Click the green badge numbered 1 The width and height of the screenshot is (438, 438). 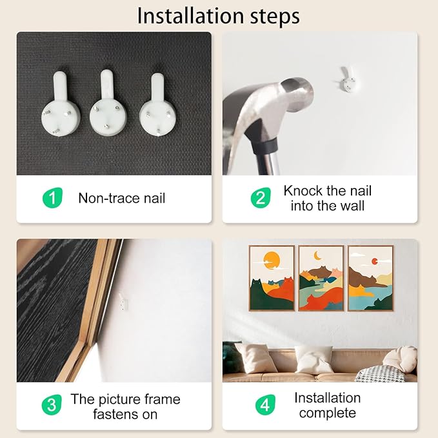click(52, 198)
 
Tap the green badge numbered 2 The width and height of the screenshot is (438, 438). click(261, 198)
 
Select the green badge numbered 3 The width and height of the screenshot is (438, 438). click(52, 404)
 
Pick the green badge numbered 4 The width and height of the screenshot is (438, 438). click(265, 404)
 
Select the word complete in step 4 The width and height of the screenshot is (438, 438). click(328, 413)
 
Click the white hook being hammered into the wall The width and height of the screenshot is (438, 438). click(347, 80)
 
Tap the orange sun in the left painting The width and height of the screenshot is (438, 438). click(272, 260)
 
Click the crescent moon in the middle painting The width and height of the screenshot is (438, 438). click(317, 255)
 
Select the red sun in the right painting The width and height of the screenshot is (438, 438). click(374, 261)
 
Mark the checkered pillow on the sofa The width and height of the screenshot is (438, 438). click(381, 373)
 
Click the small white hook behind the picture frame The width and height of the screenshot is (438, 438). click(123, 301)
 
